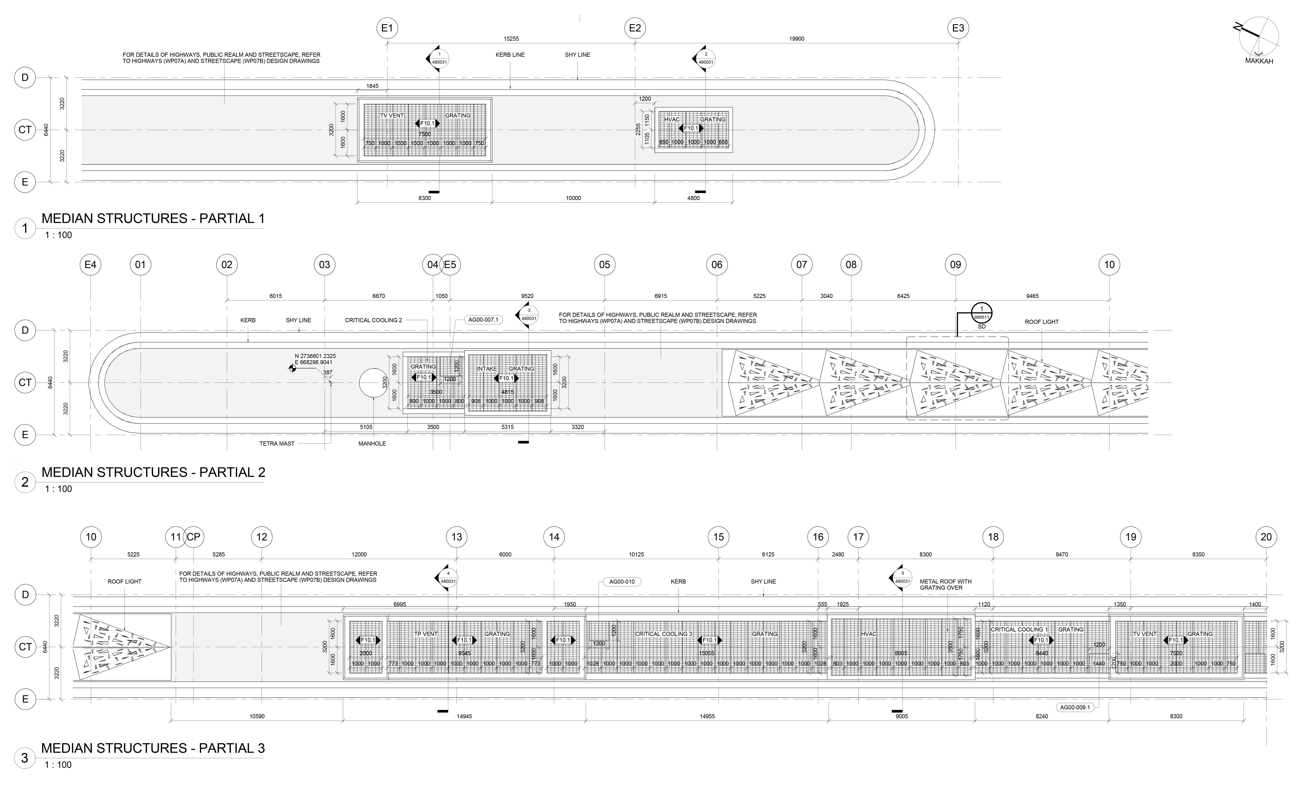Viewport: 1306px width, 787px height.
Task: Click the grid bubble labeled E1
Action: click(387, 28)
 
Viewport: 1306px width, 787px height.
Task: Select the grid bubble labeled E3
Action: click(958, 28)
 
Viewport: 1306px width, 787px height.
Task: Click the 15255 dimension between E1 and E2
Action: click(511, 39)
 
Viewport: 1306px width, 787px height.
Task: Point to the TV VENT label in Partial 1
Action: click(392, 115)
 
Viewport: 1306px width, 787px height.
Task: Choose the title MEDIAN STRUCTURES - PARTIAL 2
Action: click(153, 472)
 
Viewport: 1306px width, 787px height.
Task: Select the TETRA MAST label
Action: click(277, 444)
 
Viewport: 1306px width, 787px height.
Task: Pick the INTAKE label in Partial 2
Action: click(487, 369)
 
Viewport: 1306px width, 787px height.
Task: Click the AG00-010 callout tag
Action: click(622, 581)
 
